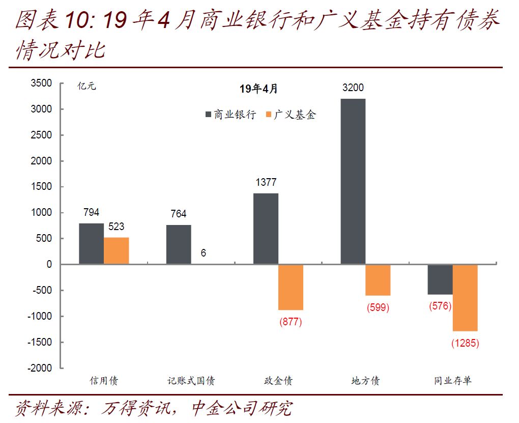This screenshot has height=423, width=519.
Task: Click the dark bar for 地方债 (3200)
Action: [x=353, y=181]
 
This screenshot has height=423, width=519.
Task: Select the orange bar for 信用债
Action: [x=116, y=250]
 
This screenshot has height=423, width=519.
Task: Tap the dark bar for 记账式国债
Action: [x=179, y=244]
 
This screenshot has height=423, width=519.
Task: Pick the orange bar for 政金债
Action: [x=291, y=287]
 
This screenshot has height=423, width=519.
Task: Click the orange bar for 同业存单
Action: [x=465, y=298]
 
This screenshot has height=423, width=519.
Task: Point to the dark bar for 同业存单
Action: [x=440, y=279]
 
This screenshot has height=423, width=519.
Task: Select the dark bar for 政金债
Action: [x=266, y=229]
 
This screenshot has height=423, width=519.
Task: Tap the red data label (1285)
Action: [x=465, y=343]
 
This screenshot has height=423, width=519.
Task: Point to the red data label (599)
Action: [x=378, y=307]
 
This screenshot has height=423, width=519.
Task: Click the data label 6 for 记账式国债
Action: [x=204, y=252]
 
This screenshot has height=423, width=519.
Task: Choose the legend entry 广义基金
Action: [x=290, y=115]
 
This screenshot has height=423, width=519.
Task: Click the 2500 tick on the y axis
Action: [x=41, y=135]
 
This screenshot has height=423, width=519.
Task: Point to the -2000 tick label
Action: [x=39, y=368]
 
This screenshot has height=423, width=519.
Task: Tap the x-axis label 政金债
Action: [x=278, y=381]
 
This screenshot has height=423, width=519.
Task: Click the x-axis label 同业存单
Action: [x=452, y=381]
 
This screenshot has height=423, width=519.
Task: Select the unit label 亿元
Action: [x=86, y=86]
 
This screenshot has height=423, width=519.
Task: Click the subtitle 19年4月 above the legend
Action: [x=258, y=89]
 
